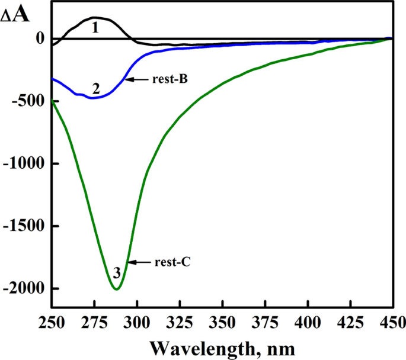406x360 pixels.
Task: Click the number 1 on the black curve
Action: coord(94,27)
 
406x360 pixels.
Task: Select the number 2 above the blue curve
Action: coord(95,89)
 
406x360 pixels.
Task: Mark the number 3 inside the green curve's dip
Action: coord(117,273)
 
